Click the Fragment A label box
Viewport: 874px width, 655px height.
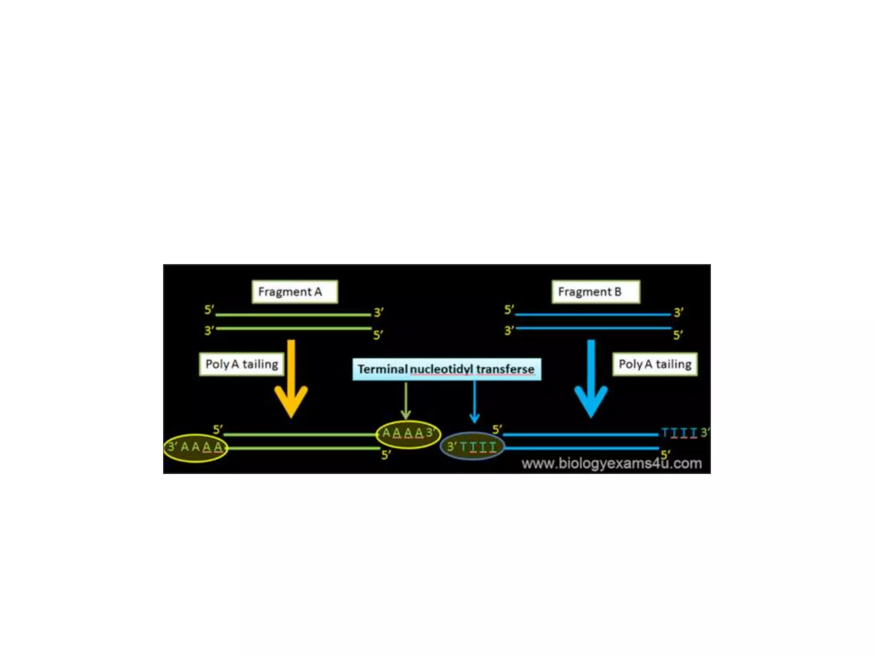pyautogui.click(x=294, y=292)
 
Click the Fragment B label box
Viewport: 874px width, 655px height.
pyautogui.click(x=595, y=292)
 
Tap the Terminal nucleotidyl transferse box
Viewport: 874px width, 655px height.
pyautogui.click(x=446, y=369)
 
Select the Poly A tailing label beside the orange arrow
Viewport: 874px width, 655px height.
pyautogui.click(x=242, y=364)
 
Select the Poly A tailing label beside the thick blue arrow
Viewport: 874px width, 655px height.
pyautogui.click(x=655, y=364)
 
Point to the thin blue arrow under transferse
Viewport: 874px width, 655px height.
pyautogui.click(x=475, y=401)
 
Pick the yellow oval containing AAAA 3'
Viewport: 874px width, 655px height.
pyautogui.click(x=408, y=434)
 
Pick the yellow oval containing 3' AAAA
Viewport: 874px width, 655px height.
pyautogui.click(x=195, y=447)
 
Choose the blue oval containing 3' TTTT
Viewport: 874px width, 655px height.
pyautogui.click(x=472, y=447)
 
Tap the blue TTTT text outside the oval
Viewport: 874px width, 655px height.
pyautogui.click(x=679, y=433)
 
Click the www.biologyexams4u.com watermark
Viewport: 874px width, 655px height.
pyautogui.click(x=612, y=464)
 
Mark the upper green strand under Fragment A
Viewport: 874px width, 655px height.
pyautogui.click(x=293, y=315)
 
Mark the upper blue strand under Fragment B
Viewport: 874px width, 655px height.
pyautogui.click(x=593, y=315)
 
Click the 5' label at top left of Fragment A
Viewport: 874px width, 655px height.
pyautogui.click(x=209, y=310)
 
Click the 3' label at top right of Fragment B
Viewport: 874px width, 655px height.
pyautogui.click(x=678, y=313)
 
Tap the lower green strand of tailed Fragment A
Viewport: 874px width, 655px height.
pyautogui.click(x=303, y=448)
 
